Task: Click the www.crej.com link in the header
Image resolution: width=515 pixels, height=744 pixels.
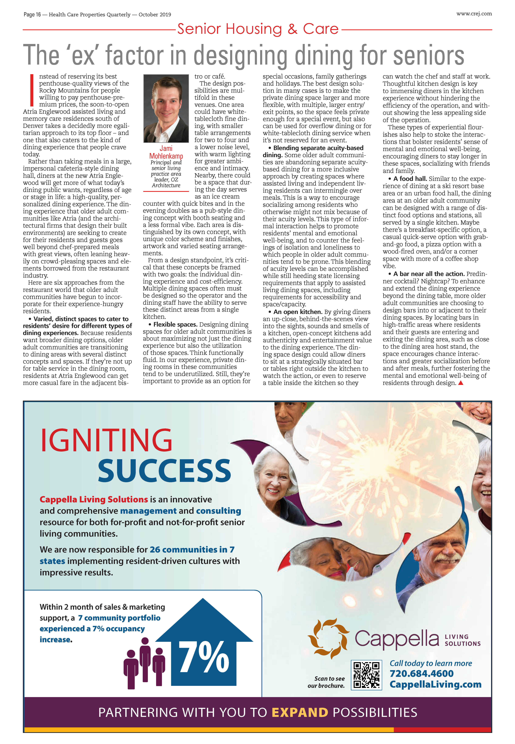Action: point(474,14)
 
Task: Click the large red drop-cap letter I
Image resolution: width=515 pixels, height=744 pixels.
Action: point(32,90)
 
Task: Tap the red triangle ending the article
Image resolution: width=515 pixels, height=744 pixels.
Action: point(461,383)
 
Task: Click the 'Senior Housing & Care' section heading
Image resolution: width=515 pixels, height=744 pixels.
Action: point(258,29)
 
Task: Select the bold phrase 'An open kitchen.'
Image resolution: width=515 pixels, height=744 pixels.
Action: point(298,312)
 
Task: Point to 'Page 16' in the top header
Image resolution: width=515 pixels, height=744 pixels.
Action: point(32,15)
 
